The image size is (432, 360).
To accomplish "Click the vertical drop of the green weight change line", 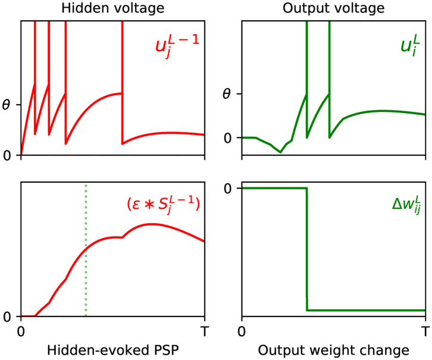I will click(x=307, y=250).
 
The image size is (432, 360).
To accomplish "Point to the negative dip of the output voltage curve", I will click(x=281, y=152).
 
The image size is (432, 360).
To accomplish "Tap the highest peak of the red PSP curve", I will click(x=151, y=224).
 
